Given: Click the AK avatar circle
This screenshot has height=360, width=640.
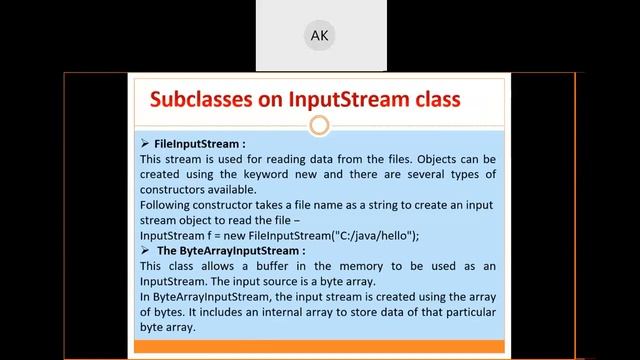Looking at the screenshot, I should click(x=320, y=36).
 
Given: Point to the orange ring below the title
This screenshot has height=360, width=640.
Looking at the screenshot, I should click(x=319, y=126).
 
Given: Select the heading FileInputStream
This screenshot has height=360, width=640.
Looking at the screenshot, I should click(x=193, y=144).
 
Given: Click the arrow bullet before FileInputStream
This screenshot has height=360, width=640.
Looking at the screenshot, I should click(x=146, y=144).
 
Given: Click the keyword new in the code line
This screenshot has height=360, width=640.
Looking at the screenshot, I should click(x=235, y=236).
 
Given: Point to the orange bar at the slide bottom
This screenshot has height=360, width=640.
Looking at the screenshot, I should click(x=319, y=347).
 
